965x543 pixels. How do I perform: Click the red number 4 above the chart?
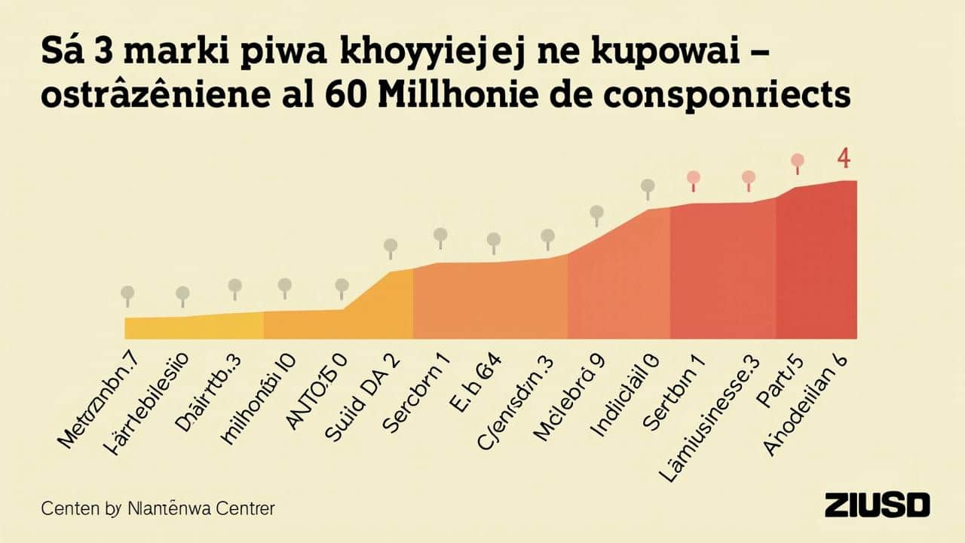pos(844,159)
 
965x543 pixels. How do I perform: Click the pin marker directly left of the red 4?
pos(798,161)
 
